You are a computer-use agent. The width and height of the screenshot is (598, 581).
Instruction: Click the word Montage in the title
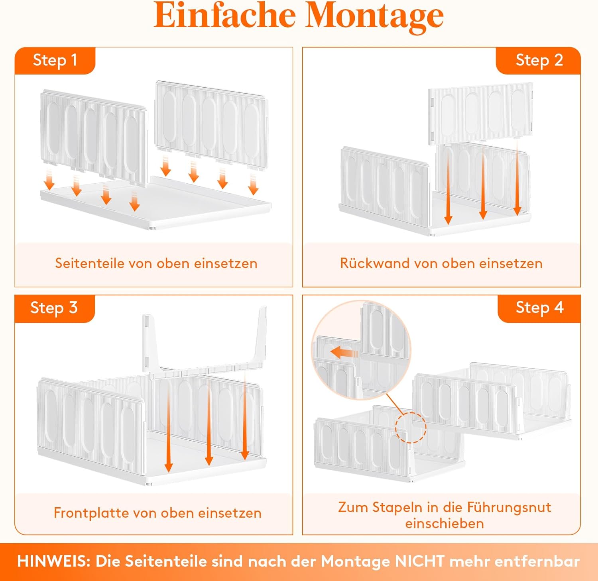coord(375,16)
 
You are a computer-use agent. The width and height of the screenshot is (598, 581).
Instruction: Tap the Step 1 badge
coord(55,60)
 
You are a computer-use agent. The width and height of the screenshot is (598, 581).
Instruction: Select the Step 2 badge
coord(539,60)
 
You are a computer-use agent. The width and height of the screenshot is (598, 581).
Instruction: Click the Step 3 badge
coord(54,308)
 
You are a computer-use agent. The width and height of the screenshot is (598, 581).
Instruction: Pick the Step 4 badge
coord(539,308)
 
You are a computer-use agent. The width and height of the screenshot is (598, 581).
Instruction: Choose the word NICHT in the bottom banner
coord(419,561)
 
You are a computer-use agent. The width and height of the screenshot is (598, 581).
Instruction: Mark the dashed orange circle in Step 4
coord(411,428)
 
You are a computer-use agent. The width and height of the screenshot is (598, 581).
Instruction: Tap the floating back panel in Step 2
coord(480,113)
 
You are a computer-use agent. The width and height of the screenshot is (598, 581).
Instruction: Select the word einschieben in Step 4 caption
coord(444,524)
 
